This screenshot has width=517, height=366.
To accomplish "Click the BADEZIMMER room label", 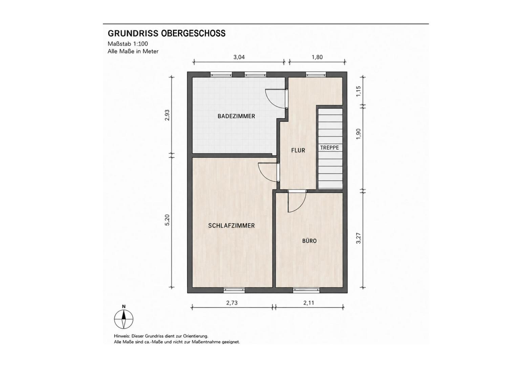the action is pos(236,116).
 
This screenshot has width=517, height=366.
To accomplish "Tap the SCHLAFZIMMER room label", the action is pos(231,225).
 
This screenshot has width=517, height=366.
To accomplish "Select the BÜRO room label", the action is pos(309,241).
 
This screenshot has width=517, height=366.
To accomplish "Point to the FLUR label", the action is pos(298,150).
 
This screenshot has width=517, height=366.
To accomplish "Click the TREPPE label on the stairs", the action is pos(329,148).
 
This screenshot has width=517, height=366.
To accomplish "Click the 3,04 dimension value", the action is pos(239,57).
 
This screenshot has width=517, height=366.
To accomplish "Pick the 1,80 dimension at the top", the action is pos(317,57).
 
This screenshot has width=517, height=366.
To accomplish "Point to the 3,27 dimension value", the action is pos(358,238).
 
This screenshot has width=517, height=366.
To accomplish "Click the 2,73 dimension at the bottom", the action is pos(232,303).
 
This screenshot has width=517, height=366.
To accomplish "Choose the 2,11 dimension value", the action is pos(308,303).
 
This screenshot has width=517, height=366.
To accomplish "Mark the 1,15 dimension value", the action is pos(358,91).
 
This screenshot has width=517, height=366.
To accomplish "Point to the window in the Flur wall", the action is pos(316,74).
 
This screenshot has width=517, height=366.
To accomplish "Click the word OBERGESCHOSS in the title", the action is pos(193,33).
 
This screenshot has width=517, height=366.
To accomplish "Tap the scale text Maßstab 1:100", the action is pos(128,44).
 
